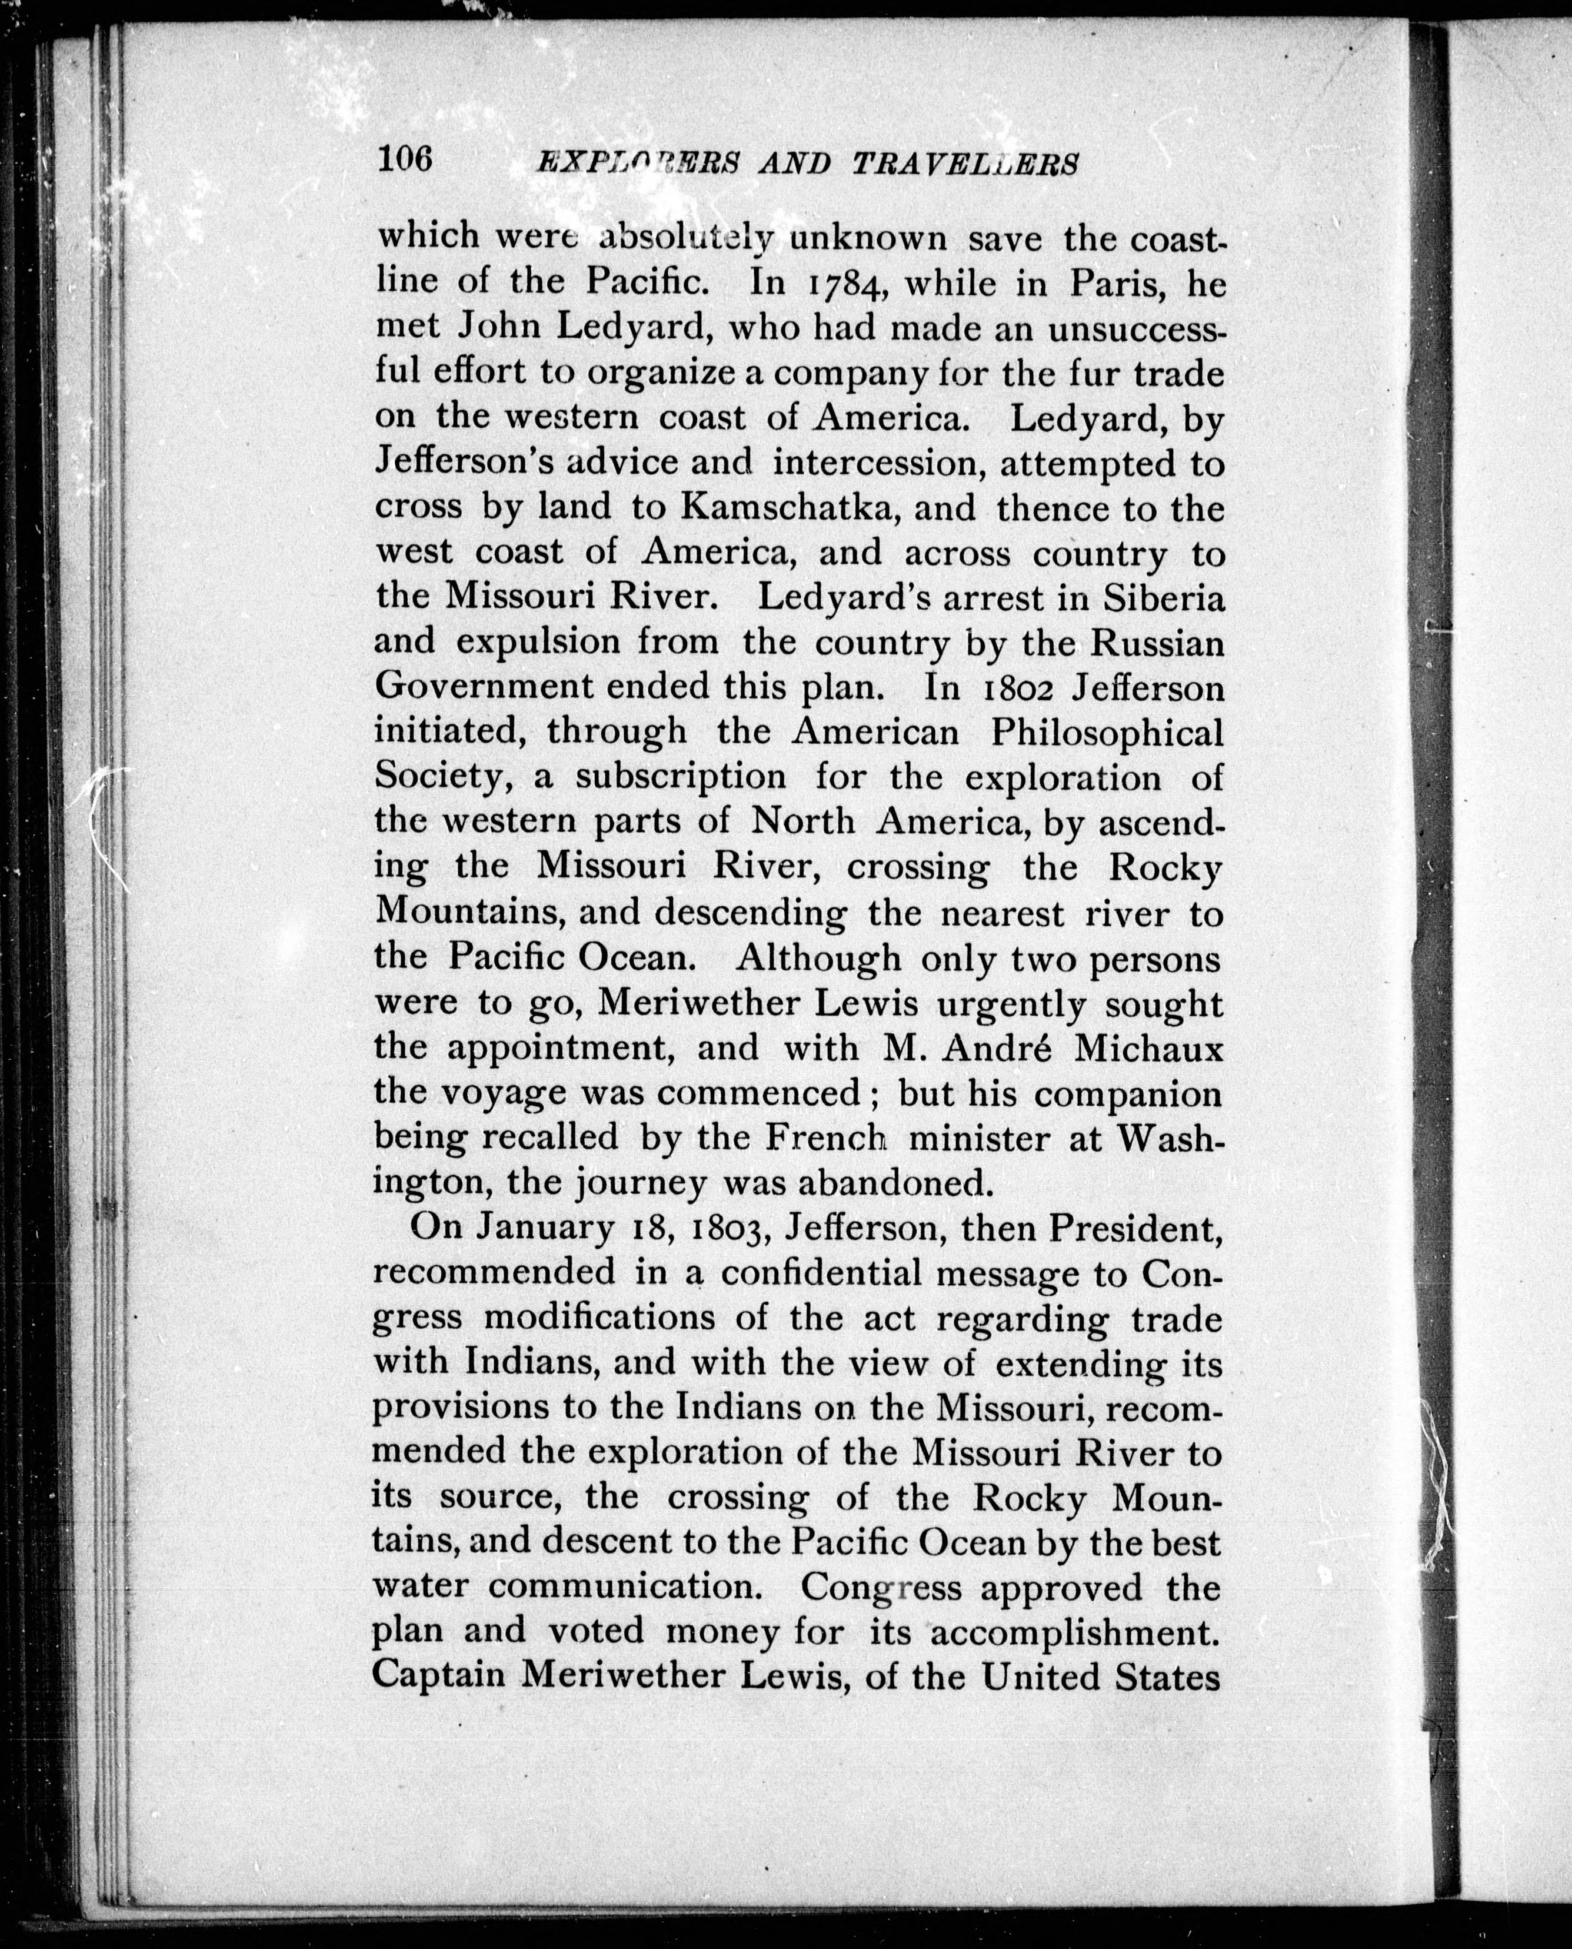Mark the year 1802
pos(1019,689)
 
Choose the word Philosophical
pos(1107,732)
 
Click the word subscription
pos(681,777)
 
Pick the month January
pos(545,1228)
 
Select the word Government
pos(484,689)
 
